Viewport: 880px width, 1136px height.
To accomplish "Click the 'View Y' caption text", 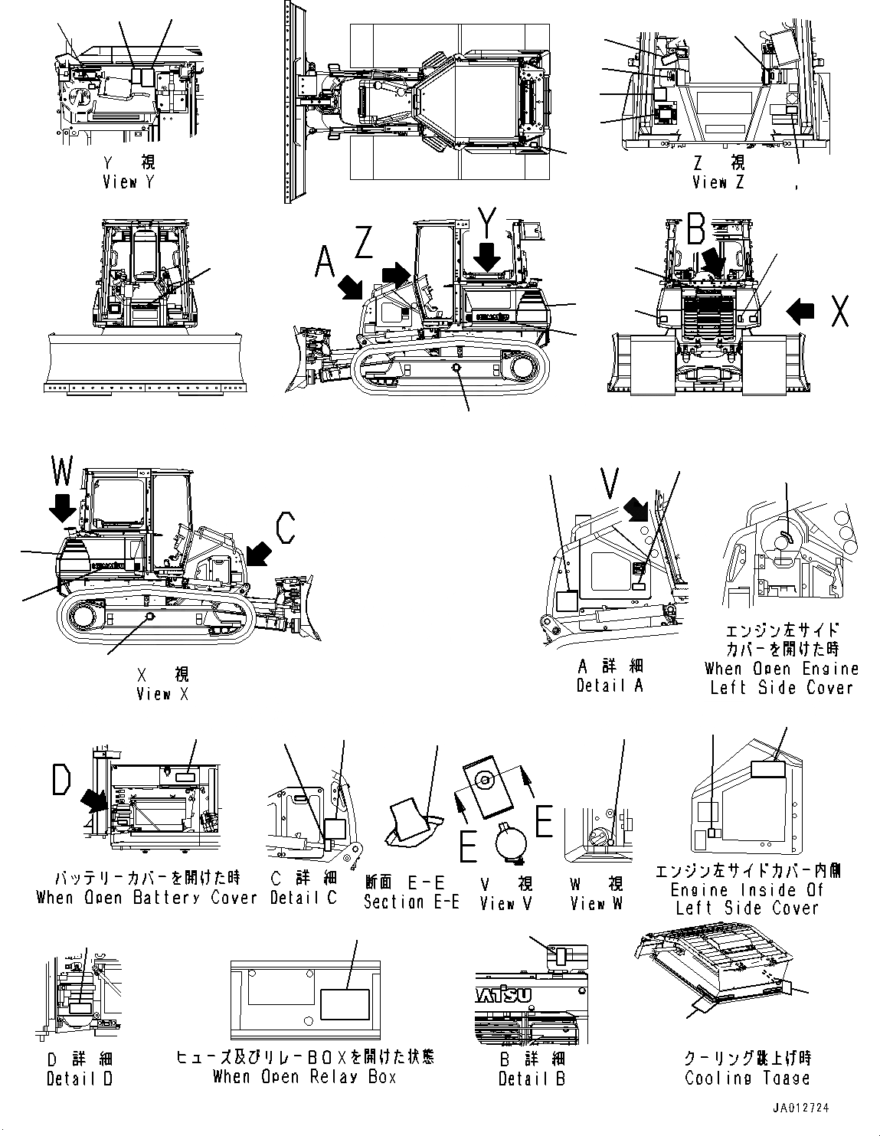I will [x=128, y=182].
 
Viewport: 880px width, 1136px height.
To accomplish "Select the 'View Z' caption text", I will [x=718, y=182].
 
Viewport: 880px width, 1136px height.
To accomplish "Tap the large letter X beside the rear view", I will [x=839, y=310].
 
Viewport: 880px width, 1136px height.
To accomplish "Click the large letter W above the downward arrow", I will [x=64, y=471].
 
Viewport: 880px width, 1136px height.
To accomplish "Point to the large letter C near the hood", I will [x=285, y=528].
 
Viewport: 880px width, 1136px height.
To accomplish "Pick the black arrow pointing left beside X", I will [x=801, y=310].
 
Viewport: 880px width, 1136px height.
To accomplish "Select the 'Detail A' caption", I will [x=610, y=686].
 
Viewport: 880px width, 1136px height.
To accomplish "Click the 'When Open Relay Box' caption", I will [x=304, y=1076].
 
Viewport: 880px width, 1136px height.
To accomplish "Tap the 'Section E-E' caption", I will [x=411, y=902].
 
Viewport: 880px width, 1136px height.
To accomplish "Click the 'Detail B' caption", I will [x=532, y=1079].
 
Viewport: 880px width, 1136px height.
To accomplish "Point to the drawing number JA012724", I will [x=800, y=1108].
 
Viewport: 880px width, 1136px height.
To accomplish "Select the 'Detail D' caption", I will [x=79, y=1079].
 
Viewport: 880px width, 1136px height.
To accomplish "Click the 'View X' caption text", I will [x=163, y=694].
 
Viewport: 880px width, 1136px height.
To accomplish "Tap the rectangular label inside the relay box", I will [x=345, y=1004].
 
